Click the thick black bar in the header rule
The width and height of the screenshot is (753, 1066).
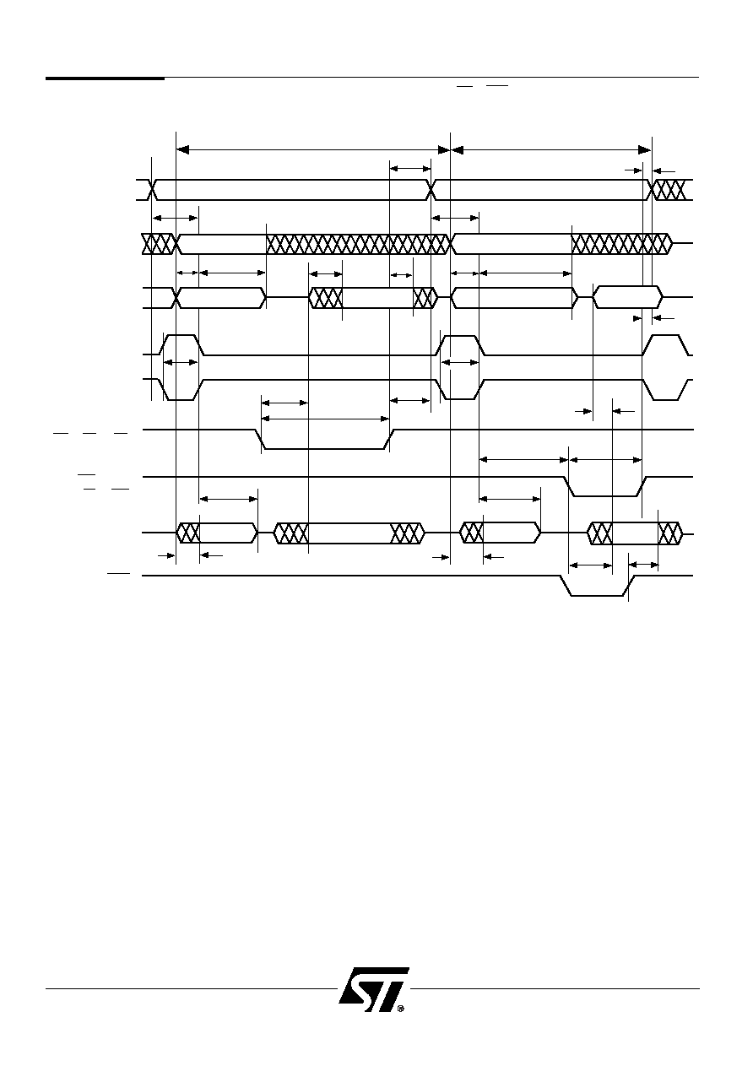click(105, 78)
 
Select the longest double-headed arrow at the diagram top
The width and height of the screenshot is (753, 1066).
click(312, 150)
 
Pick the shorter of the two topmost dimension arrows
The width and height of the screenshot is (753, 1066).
click(550, 150)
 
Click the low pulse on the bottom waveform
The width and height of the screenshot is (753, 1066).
click(597, 586)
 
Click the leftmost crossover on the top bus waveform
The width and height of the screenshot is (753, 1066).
click(152, 190)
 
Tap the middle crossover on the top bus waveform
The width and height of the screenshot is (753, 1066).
click(431, 190)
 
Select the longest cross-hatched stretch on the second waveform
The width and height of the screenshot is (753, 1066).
click(358, 244)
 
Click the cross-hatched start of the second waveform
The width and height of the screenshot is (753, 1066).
click(159, 244)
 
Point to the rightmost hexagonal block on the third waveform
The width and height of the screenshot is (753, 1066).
click(627, 297)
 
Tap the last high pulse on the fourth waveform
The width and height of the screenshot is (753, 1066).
click(665, 344)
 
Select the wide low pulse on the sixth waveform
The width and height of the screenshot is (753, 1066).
click(325, 439)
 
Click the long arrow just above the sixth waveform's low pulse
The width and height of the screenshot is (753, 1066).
click(326, 419)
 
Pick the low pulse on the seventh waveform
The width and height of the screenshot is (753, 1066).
click(604, 486)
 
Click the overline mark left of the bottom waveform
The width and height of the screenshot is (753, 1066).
click(118, 573)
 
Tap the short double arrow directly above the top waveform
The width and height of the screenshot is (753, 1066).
click(410, 168)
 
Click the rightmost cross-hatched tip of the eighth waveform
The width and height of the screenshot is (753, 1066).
click(670, 533)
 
